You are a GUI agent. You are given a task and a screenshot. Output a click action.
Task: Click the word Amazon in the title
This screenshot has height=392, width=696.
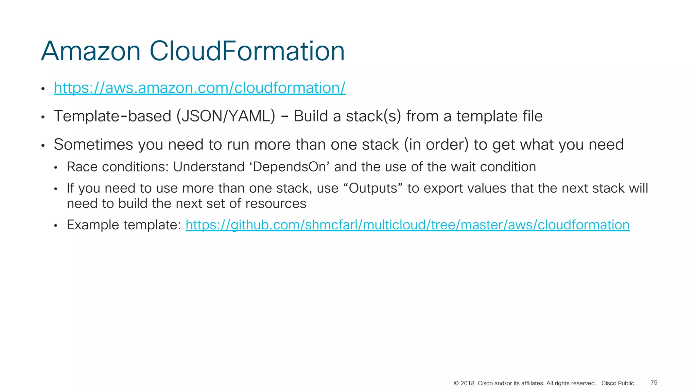[x=91, y=51]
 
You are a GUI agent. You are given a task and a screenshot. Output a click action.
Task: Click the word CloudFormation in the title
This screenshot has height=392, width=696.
[x=247, y=51]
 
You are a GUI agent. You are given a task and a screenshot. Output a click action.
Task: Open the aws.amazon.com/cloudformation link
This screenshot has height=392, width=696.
[x=199, y=88]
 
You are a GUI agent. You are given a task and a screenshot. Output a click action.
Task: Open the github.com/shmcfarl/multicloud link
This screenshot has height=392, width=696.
[x=407, y=225]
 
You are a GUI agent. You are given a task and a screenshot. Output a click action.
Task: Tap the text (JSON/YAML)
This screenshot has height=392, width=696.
[x=226, y=116]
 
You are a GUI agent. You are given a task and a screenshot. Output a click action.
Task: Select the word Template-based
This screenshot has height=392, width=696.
[x=112, y=116]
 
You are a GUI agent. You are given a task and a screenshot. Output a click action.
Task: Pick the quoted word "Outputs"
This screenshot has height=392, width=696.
[x=373, y=188]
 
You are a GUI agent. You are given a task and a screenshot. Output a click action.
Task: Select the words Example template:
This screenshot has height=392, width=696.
[x=124, y=225]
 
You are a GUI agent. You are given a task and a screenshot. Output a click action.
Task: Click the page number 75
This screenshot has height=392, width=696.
[x=654, y=383]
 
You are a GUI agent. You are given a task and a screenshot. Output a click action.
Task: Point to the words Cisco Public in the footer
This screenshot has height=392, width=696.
[x=617, y=383]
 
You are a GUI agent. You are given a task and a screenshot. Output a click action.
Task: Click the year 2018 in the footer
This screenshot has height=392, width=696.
[x=467, y=383]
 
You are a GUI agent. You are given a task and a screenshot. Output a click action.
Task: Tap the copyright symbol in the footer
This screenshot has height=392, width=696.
[x=456, y=383]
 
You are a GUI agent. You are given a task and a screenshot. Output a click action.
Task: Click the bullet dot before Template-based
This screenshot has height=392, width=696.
[x=43, y=117]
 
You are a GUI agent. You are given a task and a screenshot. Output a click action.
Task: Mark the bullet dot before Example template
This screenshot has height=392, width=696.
[x=56, y=226]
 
